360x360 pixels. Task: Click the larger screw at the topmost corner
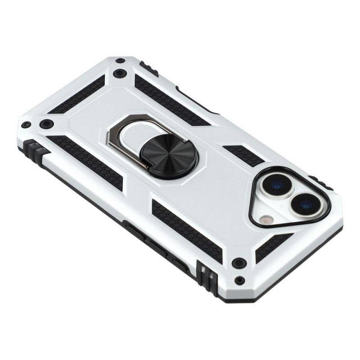click(119, 73)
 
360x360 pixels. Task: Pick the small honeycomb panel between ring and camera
click(243, 155)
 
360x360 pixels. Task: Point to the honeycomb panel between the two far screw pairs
click(76, 95)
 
